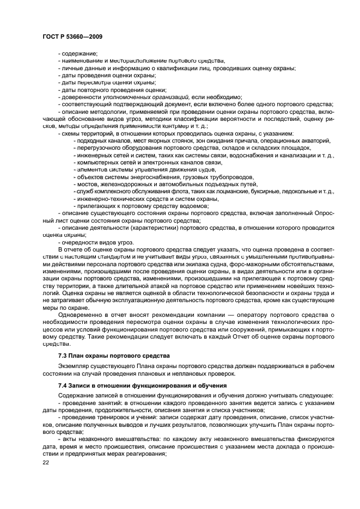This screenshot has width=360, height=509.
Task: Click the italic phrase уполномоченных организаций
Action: pos(146,97)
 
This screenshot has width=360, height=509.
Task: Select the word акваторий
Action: pos(316,140)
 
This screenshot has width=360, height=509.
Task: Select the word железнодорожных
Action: pos(123,184)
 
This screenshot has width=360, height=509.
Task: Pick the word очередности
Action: pos(83,242)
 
